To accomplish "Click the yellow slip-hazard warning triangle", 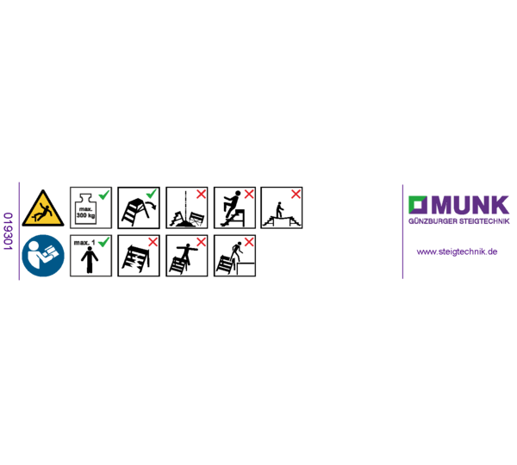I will pyautogui.click(x=43, y=208).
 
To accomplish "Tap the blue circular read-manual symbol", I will pyautogui.click(x=43, y=256).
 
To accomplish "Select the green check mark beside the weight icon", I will pyautogui.click(x=104, y=195).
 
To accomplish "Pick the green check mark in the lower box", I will pyautogui.click(x=104, y=242).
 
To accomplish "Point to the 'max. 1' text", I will pyautogui.click(x=84, y=243).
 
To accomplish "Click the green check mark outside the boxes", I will pyautogui.click(x=151, y=194).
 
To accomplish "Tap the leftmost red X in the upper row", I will pyautogui.click(x=201, y=194).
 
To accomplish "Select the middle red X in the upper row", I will pyautogui.click(x=249, y=194).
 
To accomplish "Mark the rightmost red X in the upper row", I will pyautogui.click(x=296, y=194).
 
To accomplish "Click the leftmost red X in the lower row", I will pyautogui.click(x=153, y=242).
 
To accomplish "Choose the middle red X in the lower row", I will pyautogui.click(x=201, y=242).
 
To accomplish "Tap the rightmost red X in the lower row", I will pyautogui.click(x=249, y=242).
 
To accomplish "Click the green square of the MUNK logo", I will pyautogui.click(x=418, y=205).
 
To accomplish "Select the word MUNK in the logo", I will pyautogui.click(x=470, y=205).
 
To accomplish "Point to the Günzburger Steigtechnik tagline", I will pyautogui.click(x=458, y=221).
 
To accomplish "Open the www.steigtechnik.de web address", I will pyautogui.click(x=457, y=251).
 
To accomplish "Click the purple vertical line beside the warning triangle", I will pyautogui.click(x=19, y=231).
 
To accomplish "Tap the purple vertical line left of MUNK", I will pyautogui.click(x=402, y=231).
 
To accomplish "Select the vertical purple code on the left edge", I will pyautogui.click(x=8, y=231).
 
